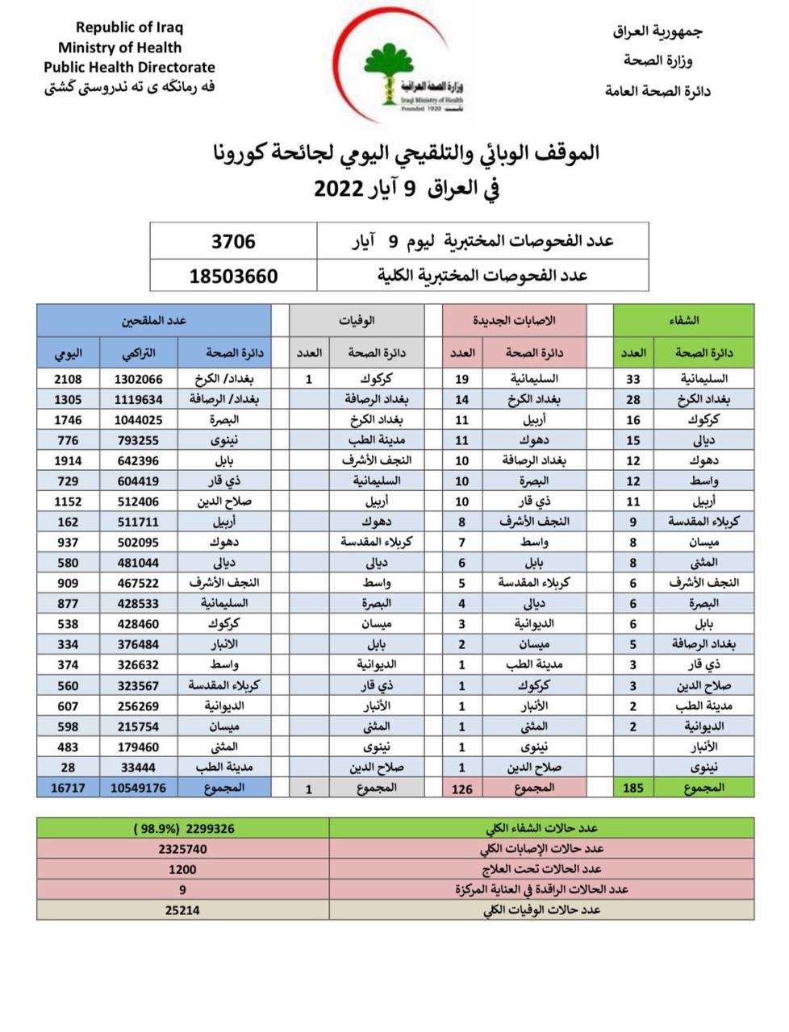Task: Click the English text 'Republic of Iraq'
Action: click(x=129, y=27)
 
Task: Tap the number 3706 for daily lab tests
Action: click(x=233, y=241)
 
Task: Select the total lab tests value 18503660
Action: click(x=233, y=276)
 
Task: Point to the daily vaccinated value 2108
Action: click(x=68, y=379)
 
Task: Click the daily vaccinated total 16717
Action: click(x=68, y=788)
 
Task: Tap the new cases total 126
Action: click(x=462, y=789)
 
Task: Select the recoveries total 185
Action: click(x=633, y=788)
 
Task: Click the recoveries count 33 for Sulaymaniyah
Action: click(x=633, y=379)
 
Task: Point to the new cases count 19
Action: click(x=462, y=379)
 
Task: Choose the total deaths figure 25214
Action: click(x=182, y=910)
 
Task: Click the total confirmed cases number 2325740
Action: click(x=182, y=849)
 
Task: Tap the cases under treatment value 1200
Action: click(x=182, y=869)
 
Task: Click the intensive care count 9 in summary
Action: click(x=182, y=889)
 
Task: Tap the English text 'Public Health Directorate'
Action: click(x=129, y=68)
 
